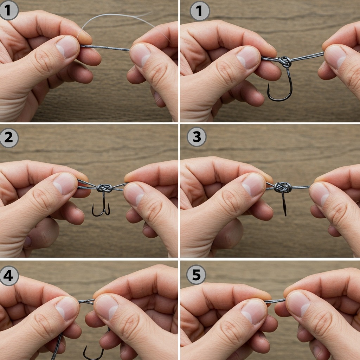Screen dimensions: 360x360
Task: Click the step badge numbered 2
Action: (x=8, y=137)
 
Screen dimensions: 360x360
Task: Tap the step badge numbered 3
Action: (x=196, y=137)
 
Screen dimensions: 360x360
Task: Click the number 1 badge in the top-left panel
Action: (x=8, y=10)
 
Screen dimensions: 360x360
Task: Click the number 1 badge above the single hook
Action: (x=199, y=11)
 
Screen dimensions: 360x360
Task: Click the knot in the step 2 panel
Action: (x=104, y=188)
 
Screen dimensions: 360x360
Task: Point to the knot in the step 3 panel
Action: (x=283, y=187)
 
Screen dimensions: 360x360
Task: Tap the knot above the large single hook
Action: (x=285, y=62)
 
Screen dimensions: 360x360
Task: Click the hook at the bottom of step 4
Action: (x=92, y=353)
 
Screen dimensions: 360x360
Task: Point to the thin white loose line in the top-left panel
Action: (x=116, y=18)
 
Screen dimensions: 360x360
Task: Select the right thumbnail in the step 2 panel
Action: (x=134, y=194)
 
